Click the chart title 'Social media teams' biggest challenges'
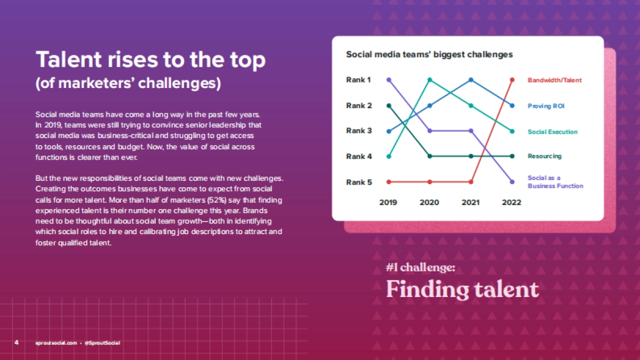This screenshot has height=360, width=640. coord(429,54)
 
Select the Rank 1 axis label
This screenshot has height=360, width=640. coord(358,79)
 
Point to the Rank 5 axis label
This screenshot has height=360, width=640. coord(359,182)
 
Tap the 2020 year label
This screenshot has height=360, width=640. coord(429,203)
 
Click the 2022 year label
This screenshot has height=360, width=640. coord(511,203)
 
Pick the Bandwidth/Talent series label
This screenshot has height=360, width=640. coord(555,81)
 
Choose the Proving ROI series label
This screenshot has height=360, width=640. coord(546,106)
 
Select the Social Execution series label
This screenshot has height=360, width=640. coord(553,132)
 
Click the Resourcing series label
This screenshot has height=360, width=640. coord(545,156)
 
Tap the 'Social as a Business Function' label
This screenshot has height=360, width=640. coord(555,182)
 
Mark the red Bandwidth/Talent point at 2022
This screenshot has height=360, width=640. coord(513,80)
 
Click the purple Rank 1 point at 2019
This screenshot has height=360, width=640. coord(389,80)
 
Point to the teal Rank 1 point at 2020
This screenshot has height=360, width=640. coord(430,80)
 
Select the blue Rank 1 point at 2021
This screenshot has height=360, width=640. coord(471,80)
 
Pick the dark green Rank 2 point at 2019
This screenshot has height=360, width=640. coord(389,106)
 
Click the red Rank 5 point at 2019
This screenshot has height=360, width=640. coord(389,182)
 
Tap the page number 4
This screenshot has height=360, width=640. coord(17,342)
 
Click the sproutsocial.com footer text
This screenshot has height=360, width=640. coord(57,343)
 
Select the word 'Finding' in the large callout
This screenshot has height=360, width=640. coord(427,290)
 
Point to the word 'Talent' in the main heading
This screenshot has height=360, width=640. coord(69,59)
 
